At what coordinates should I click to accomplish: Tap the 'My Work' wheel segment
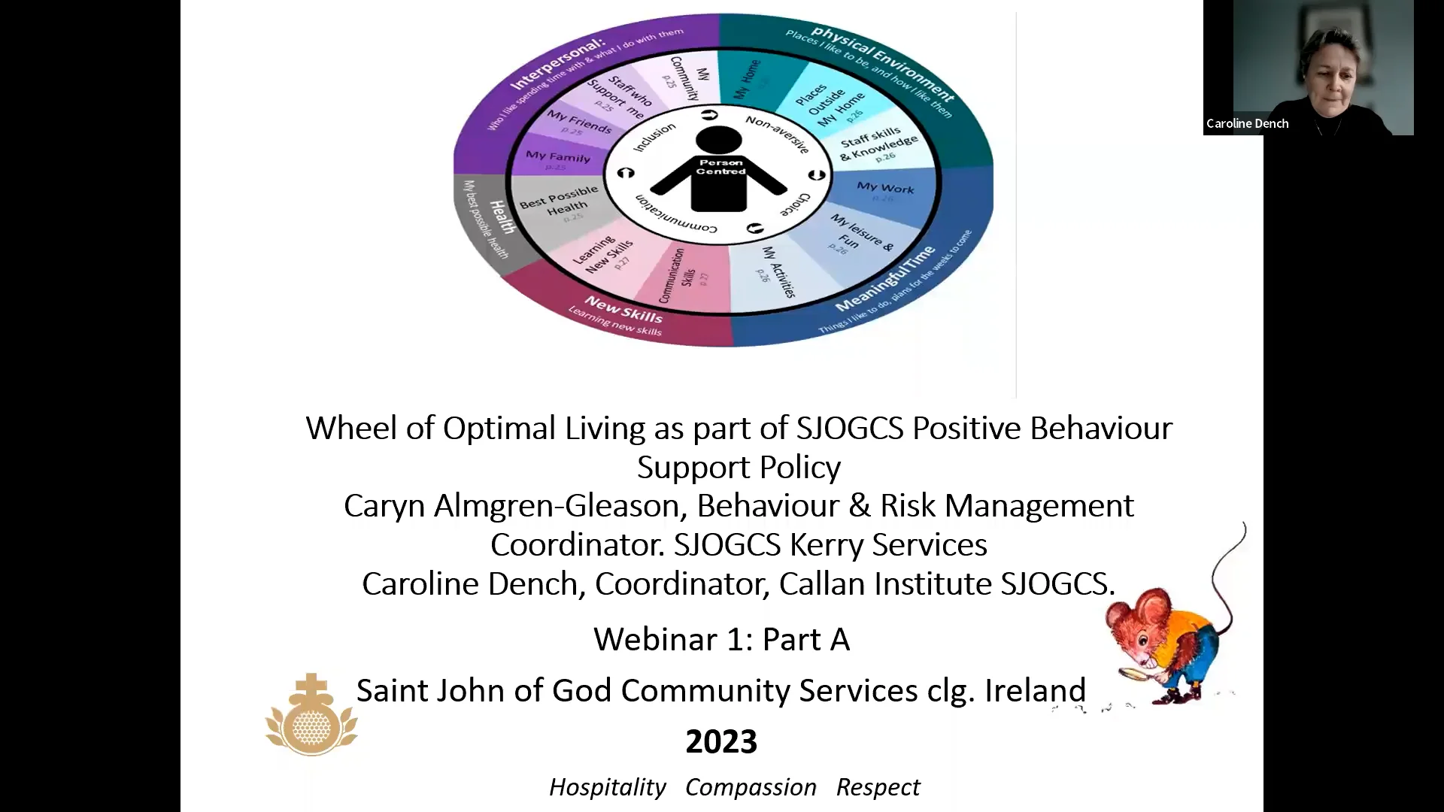(885, 189)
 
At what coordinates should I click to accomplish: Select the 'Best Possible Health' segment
(560, 203)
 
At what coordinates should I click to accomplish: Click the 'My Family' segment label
(557, 157)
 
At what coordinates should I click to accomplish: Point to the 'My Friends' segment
(579, 123)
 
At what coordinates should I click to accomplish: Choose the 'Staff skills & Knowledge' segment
(878, 145)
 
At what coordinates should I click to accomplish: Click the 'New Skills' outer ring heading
(623, 310)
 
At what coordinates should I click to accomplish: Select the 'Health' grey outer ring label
(501, 217)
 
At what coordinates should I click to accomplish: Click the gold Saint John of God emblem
(311, 717)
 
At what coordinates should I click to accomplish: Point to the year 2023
(720, 742)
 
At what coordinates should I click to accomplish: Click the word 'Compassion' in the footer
(751, 787)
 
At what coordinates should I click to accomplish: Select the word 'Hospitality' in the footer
(607, 787)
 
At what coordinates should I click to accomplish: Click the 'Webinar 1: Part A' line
(721, 639)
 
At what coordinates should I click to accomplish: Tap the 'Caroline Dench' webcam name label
(1247, 123)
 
